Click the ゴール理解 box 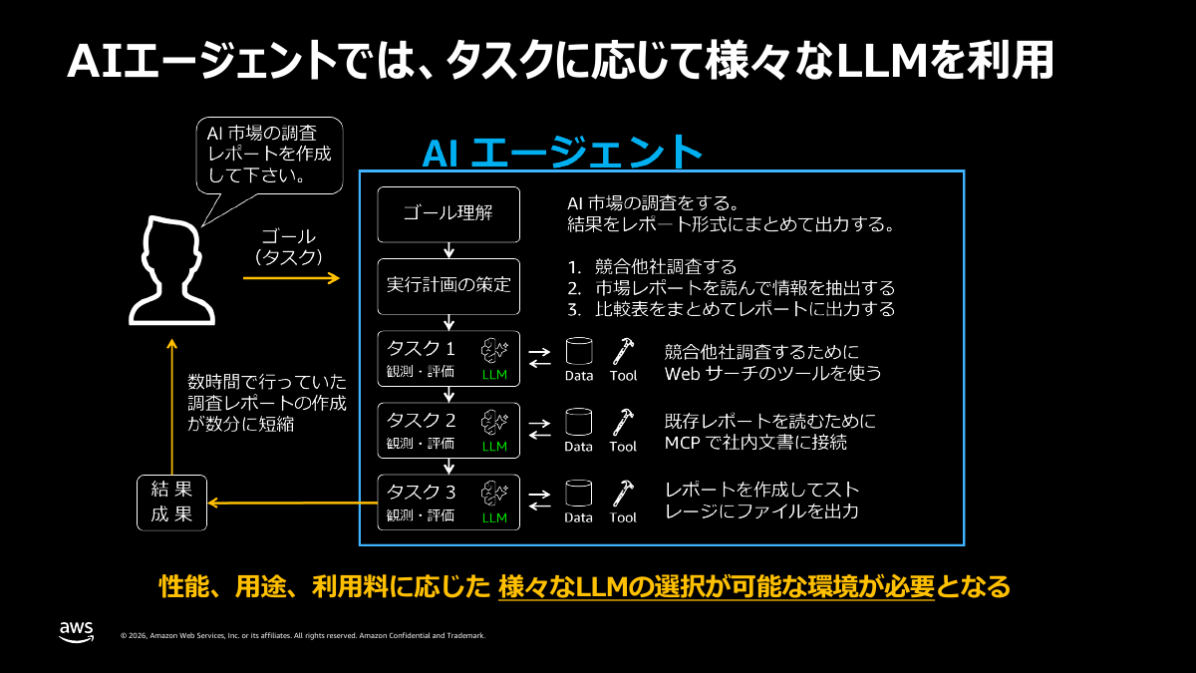[x=448, y=212]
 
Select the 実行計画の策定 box [x=448, y=284]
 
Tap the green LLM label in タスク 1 [x=494, y=375]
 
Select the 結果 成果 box [x=171, y=503]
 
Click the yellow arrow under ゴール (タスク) [x=291, y=278]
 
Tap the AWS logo [x=76, y=632]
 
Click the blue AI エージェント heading [x=563, y=152]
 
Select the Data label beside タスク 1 [x=579, y=376]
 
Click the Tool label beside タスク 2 [x=623, y=447]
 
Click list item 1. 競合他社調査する [x=652, y=266]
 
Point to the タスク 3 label [x=421, y=492]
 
